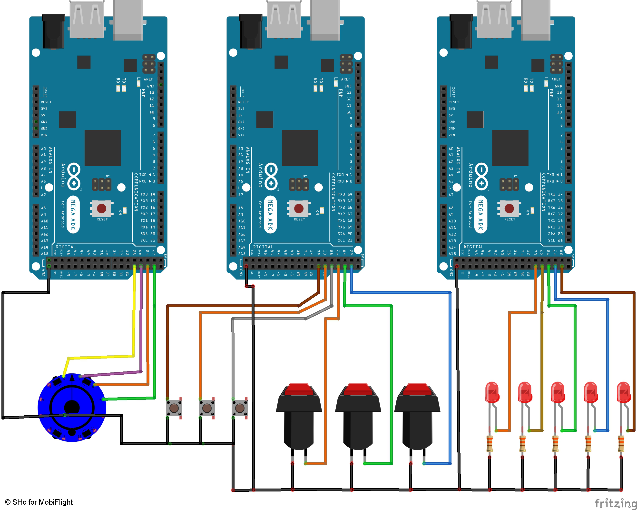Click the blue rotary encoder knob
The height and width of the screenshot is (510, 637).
coord(72,407)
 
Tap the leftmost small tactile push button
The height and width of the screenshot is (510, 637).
coord(174,408)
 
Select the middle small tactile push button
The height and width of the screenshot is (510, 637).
coord(207,408)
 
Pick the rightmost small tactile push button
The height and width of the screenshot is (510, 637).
coord(240,408)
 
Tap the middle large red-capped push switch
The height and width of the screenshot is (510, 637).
coord(358,414)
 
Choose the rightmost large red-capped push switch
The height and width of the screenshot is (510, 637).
coord(417,414)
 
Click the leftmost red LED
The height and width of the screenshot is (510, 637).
coord(492,392)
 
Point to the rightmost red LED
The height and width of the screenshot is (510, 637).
coord(623,392)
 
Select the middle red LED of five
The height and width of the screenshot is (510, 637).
coord(558,392)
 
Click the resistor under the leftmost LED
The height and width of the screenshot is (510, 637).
coord(490,443)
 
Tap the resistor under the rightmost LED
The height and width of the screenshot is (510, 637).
coord(621,443)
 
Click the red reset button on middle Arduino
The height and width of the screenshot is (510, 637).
coord(299,209)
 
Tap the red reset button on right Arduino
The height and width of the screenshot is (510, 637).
coord(509,209)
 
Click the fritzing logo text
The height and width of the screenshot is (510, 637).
coord(616,503)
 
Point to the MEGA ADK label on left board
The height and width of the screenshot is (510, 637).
coord(73,215)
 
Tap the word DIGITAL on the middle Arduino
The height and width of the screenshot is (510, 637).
coord(263,247)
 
